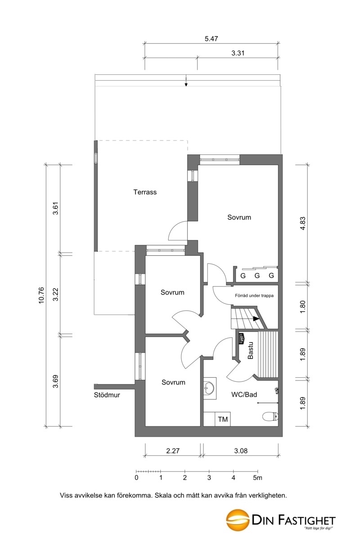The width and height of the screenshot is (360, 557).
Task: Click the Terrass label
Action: point(145,192)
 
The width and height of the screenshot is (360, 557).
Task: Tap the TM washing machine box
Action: point(223,419)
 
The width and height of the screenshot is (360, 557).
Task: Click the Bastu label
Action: point(251,351)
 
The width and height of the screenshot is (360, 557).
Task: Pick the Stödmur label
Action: point(107,395)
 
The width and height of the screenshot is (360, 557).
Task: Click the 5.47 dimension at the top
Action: point(211,39)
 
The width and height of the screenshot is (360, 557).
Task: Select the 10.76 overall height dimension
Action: point(41,295)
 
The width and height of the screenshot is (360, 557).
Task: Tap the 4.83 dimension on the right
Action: point(302,223)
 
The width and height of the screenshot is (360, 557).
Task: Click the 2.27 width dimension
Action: point(173,451)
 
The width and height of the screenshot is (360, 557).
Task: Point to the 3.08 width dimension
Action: point(241,451)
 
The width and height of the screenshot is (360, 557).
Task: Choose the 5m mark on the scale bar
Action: point(258,477)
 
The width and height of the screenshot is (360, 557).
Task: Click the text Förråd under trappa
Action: point(254,296)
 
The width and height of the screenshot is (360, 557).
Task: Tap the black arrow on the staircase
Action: point(256,319)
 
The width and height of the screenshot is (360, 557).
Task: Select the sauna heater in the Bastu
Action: point(241,339)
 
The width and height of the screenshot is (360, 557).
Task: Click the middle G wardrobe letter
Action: point(257,276)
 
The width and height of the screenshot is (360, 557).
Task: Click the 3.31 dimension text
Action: point(238,53)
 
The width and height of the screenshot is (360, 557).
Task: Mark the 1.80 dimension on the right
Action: point(302,307)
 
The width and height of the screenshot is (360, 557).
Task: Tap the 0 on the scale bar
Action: point(136,477)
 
